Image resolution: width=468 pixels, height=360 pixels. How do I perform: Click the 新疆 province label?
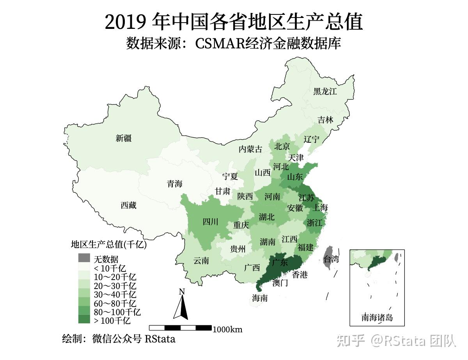point(124,138)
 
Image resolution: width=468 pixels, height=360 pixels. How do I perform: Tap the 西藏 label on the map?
point(128,205)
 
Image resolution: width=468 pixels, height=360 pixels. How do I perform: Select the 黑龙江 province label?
point(325,92)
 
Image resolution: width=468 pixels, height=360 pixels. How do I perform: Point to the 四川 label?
point(211,222)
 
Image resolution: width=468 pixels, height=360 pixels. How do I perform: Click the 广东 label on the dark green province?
point(280,262)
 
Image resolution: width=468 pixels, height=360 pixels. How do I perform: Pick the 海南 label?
point(260,298)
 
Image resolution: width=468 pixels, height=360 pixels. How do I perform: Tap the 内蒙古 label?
point(250,149)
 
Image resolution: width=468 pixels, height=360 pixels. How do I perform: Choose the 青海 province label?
point(175,184)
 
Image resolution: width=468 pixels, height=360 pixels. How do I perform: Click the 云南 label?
point(201,261)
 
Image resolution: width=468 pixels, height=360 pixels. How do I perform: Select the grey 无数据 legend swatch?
point(84,258)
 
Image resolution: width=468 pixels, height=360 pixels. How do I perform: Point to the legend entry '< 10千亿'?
point(110,268)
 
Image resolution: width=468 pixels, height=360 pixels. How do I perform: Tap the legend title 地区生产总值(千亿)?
point(108,245)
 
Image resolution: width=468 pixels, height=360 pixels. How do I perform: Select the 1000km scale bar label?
point(227,330)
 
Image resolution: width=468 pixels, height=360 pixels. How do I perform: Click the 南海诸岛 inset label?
point(377,317)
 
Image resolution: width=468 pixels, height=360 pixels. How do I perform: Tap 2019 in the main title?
point(126,22)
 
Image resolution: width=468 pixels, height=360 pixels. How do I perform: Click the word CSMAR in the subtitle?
point(220,44)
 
